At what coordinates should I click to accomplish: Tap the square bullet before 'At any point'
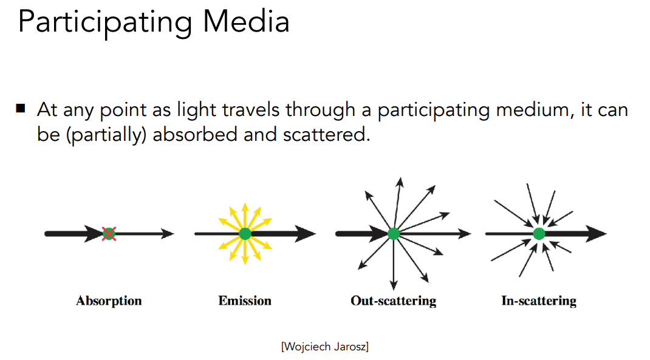coord(21,109)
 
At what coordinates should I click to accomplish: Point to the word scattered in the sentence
coord(326,134)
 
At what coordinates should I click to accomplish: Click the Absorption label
coord(109,301)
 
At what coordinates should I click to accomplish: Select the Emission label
coord(245,301)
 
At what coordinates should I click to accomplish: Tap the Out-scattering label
coord(393,301)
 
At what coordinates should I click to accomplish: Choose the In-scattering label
coord(538,301)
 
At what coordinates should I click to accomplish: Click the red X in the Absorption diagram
coord(109,233)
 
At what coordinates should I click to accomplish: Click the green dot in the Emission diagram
coord(245,233)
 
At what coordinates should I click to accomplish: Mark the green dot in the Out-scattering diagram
coord(393,233)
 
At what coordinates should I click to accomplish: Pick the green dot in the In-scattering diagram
coord(538,233)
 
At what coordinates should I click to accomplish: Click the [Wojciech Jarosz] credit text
coord(324,347)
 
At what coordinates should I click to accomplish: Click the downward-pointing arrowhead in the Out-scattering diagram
coord(393,284)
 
